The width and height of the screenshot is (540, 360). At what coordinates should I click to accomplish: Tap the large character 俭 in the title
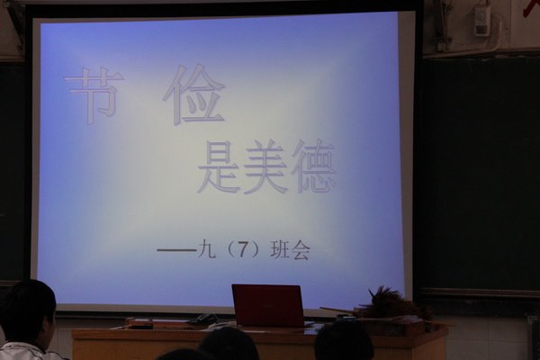[x=193, y=94]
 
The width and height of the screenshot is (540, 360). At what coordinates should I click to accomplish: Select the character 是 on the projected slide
[x=219, y=167]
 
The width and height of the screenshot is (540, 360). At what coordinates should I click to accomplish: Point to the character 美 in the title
[x=265, y=167]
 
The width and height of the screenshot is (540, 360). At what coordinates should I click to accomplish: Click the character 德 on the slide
[x=313, y=166]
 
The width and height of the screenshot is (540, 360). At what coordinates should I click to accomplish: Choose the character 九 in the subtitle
[x=207, y=250]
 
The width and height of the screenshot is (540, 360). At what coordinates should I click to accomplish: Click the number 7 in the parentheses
[x=243, y=250]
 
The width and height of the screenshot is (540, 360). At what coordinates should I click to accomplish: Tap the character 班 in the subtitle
[x=280, y=250]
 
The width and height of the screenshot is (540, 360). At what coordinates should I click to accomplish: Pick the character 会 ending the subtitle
[x=301, y=250]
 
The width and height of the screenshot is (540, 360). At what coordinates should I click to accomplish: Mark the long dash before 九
[x=177, y=250]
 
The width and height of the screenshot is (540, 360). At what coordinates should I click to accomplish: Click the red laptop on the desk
[x=268, y=306]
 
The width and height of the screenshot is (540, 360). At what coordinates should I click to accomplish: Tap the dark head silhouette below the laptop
[x=229, y=344]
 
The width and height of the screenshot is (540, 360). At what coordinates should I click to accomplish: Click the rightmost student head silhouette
[x=344, y=341]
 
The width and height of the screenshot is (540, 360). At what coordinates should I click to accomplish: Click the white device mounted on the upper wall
[x=481, y=21]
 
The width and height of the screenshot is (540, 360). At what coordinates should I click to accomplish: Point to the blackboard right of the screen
[x=479, y=172]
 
